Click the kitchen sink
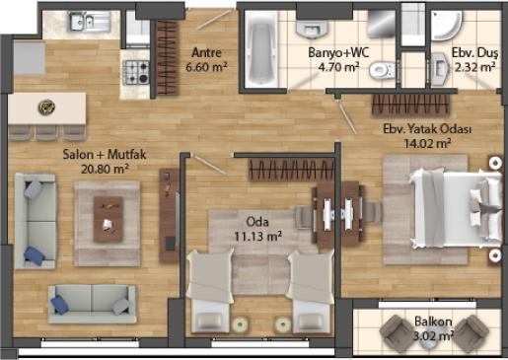pos(89,21)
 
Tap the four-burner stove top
pos(136,72)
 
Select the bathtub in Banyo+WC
pos(261,49)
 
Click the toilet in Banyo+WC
pos(382,70)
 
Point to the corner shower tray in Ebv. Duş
pos(446,25)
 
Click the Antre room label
pos(206,52)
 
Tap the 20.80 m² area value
pos(105,169)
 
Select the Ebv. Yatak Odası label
pos(427,129)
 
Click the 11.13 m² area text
pos(257,236)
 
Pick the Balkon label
pos(433,322)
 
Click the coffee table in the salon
pos(109,219)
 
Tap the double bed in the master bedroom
pos(456,208)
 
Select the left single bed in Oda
pos(209,292)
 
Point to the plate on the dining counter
pos(46,107)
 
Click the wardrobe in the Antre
pos(168,58)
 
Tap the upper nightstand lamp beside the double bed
pos(495,163)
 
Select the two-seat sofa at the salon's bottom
pos(92,304)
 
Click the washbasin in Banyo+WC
pos(312,29)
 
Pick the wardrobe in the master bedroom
pos(411,106)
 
